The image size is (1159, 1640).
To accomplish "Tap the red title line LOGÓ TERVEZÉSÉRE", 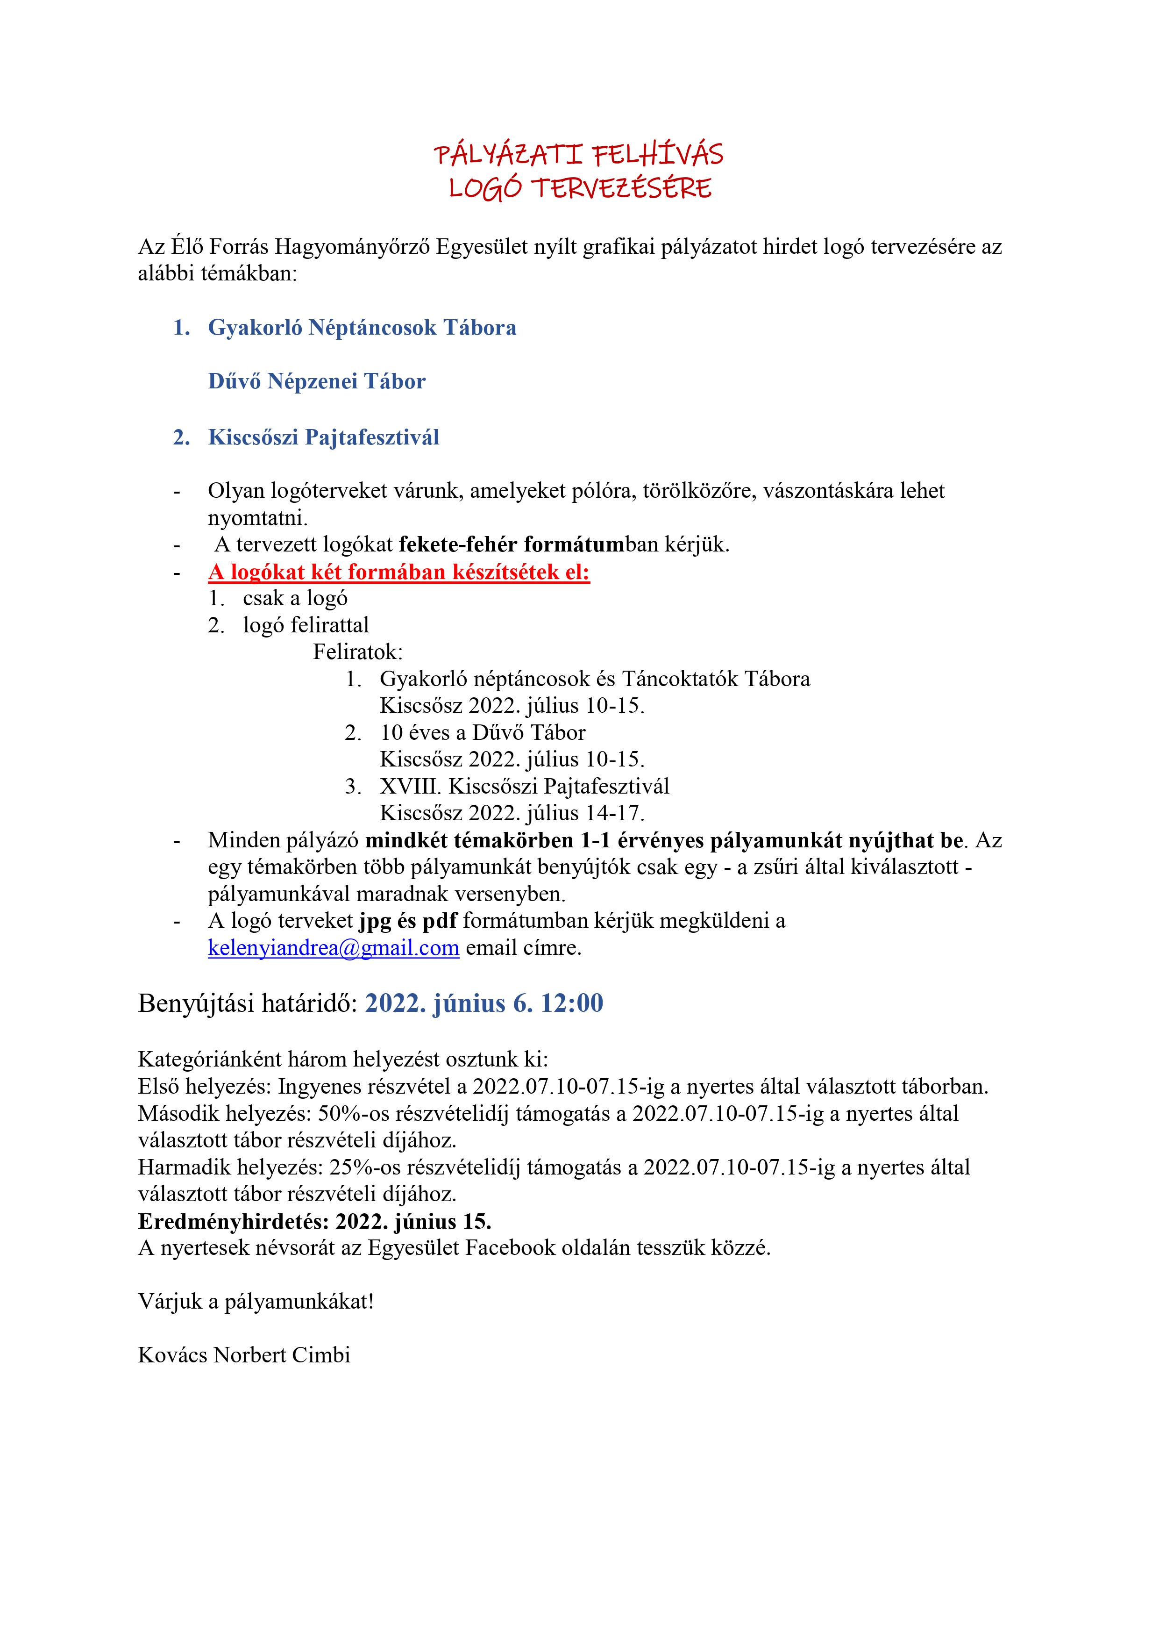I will (580, 188).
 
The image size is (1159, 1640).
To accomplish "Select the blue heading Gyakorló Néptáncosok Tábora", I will (362, 328).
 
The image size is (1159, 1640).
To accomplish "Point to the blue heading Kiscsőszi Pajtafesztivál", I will (323, 437).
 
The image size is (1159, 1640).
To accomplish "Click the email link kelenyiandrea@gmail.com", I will (334, 948).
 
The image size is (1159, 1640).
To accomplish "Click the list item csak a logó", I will (295, 599).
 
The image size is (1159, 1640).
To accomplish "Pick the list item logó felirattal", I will (306, 626).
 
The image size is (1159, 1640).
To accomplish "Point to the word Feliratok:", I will (358, 652).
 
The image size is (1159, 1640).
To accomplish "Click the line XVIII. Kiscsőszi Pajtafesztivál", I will (524, 787).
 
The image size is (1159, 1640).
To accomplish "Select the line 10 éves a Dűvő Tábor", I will (483, 733).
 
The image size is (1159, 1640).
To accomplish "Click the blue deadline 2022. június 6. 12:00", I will (484, 1003).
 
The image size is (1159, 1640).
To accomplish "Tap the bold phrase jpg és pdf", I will (408, 922).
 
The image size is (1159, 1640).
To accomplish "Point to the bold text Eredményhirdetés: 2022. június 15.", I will (314, 1221).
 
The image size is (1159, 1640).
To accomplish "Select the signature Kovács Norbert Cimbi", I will (244, 1355).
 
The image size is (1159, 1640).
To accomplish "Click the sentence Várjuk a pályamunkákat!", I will (256, 1302).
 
